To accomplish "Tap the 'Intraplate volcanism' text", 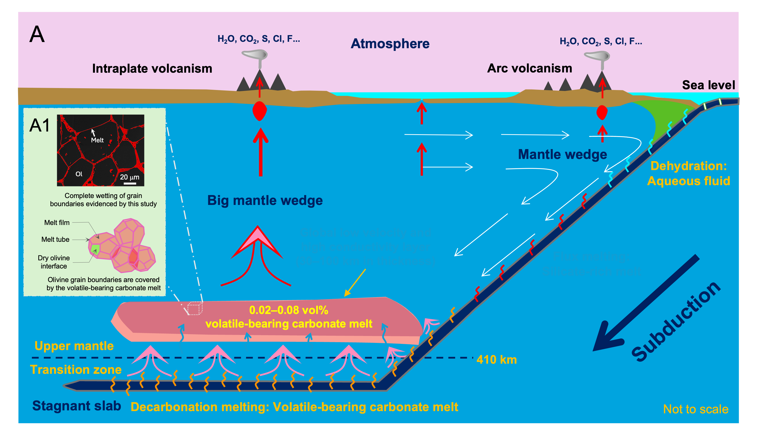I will pyautogui.click(x=152, y=69).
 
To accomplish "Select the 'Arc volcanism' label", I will pyautogui.click(x=530, y=68).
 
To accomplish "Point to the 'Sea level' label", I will pyautogui.click(x=708, y=85).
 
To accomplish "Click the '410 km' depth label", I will pyautogui.click(x=496, y=360).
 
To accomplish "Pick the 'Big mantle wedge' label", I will pyautogui.click(x=265, y=200).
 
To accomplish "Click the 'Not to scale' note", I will pyautogui.click(x=695, y=409).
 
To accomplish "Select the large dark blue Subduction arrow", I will pyautogui.click(x=645, y=304).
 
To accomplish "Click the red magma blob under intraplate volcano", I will pyautogui.click(x=259, y=111).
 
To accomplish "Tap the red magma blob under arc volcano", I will pyautogui.click(x=602, y=112).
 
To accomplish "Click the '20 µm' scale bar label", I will pyautogui.click(x=130, y=177).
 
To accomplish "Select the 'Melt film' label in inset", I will pyautogui.click(x=57, y=222).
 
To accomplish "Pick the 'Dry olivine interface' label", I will pyautogui.click(x=54, y=262).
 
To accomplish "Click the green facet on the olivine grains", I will pyautogui.click(x=95, y=249).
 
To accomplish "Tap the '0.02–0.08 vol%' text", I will pyautogui.click(x=289, y=310).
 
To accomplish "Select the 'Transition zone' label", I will pyautogui.click(x=76, y=370).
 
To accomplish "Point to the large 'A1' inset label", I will pyautogui.click(x=40, y=125).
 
